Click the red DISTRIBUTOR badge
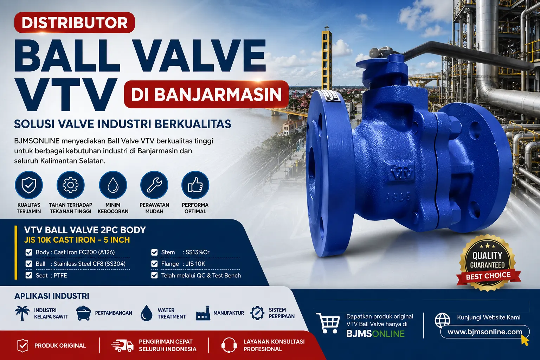click(x=75, y=22)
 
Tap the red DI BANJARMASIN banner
click(x=206, y=94)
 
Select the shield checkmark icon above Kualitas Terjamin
click(x=29, y=185)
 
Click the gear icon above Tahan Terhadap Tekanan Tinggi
click(x=70, y=185)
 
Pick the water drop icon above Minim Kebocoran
click(x=113, y=185)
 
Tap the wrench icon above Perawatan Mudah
click(x=154, y=185)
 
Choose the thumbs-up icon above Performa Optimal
click(x=195, y=185)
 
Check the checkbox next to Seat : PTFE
click(x=29, y=275)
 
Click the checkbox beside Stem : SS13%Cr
click(x=154, y=252)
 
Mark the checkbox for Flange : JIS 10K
click(x=154, y=264)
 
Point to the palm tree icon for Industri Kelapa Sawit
click(x=22, y=313)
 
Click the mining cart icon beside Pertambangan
click(x=83, y=313)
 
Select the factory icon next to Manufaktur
click(x=203, y=313)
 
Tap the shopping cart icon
click(x=328, y=323)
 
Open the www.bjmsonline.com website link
click(x=485, y=332)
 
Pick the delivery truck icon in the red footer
click(x=122, y=346)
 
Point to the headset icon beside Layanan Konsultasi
click(x=229, y=345)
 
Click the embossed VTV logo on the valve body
click(x=402, y=173)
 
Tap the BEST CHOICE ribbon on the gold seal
click(x=488, y=276)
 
